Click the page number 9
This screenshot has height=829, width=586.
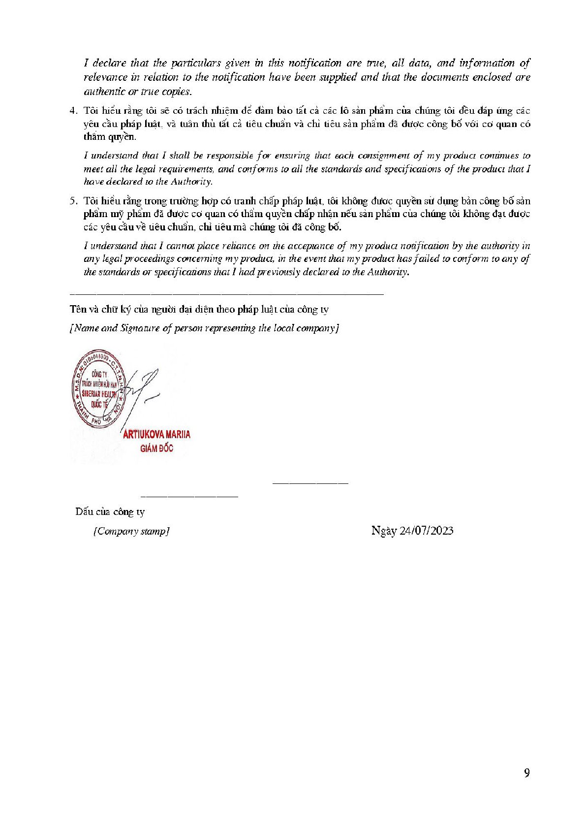pos(527,773)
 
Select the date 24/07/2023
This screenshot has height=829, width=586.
pos(427,531)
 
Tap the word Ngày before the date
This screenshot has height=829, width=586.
pos(384,531)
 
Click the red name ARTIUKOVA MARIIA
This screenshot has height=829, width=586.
pos(156,434)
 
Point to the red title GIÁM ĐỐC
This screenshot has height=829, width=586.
pos(156,448)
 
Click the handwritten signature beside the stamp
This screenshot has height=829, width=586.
pos(143,389)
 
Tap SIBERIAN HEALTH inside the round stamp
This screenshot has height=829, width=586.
pos(99,394)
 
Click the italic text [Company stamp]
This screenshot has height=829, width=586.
pos(131,531)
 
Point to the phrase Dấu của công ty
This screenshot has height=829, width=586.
pos(110,511)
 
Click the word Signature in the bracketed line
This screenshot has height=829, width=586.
pos(140,328)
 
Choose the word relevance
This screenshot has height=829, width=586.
pos(106,77)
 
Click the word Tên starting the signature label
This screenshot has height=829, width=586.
pos(77,309)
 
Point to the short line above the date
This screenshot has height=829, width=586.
pos(310,483)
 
